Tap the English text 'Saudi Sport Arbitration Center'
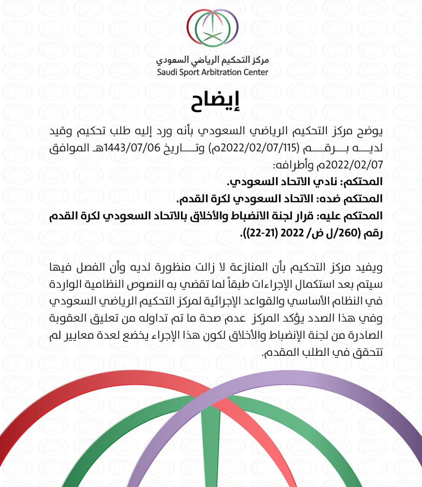212,72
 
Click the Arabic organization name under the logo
212,60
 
